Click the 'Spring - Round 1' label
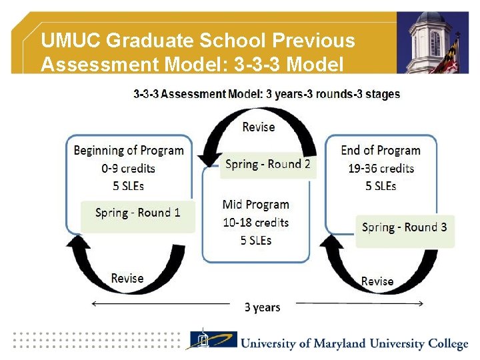coord(137,213)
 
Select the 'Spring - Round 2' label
coord(268,164)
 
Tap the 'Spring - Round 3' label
coord(405,227)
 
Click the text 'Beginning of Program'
coord(129,150)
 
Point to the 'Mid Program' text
coord(256,205)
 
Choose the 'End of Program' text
coord(381,150)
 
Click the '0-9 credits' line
coord(129,168)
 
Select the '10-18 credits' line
coord(256,222)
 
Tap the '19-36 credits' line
coord(381,168)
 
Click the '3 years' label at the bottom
coord(262,307)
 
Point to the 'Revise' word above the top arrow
coord(258,127)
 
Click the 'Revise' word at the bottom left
coord(127,278)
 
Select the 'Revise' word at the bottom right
coord(377,281)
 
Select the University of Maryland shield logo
coord(211,341)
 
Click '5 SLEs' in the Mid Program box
coord(256,240)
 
